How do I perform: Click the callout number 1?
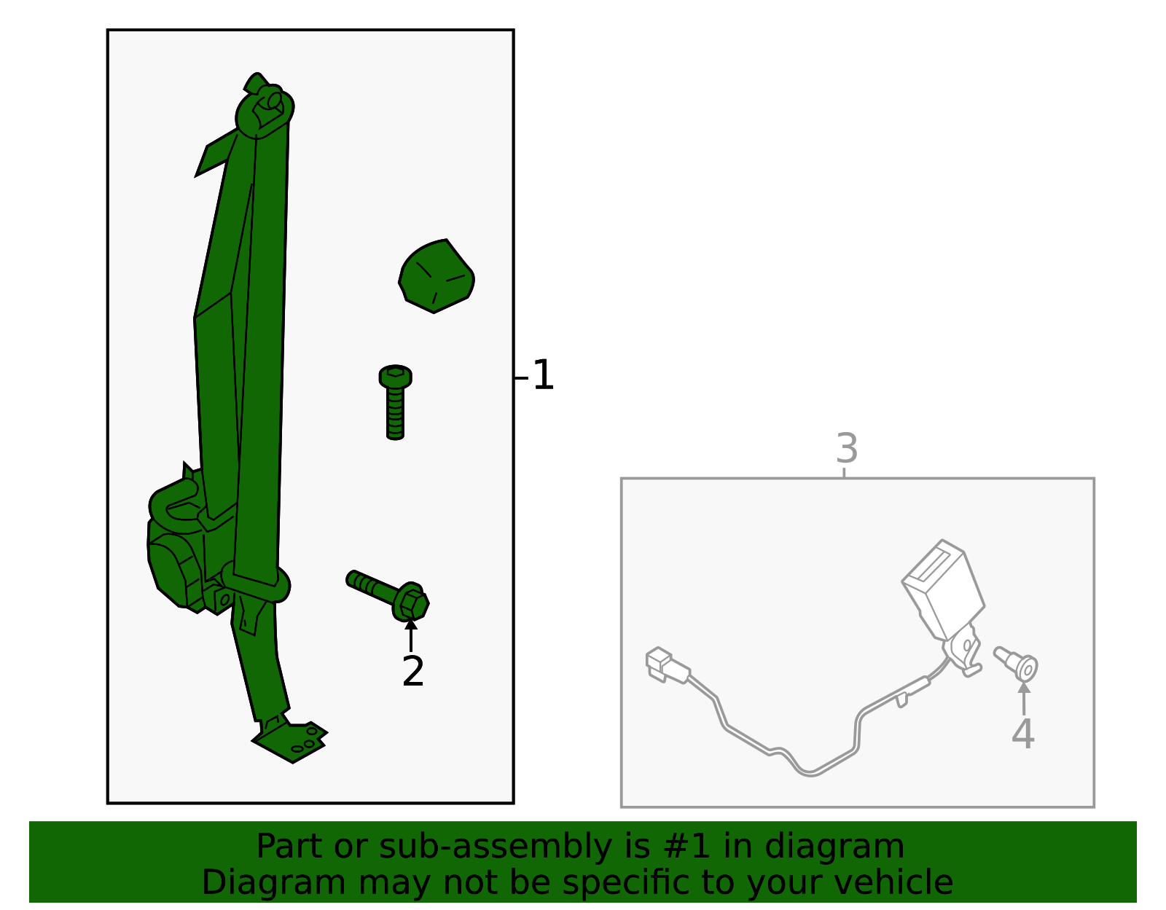click(543, 375)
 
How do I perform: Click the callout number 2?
click(413, 671)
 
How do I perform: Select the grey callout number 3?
click(847, 448)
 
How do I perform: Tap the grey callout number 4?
click(1022, 734)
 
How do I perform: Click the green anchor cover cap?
click(437, 276)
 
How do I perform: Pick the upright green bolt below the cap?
click(396, 402)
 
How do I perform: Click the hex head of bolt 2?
click(412, 603)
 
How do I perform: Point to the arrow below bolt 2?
click(411, 636)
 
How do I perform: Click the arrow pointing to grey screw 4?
click(1024, 698)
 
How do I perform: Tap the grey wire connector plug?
click(667, 666)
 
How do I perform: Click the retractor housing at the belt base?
click(177, 557)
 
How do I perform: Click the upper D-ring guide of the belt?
click(265, 111)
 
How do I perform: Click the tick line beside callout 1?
click(521, 378)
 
